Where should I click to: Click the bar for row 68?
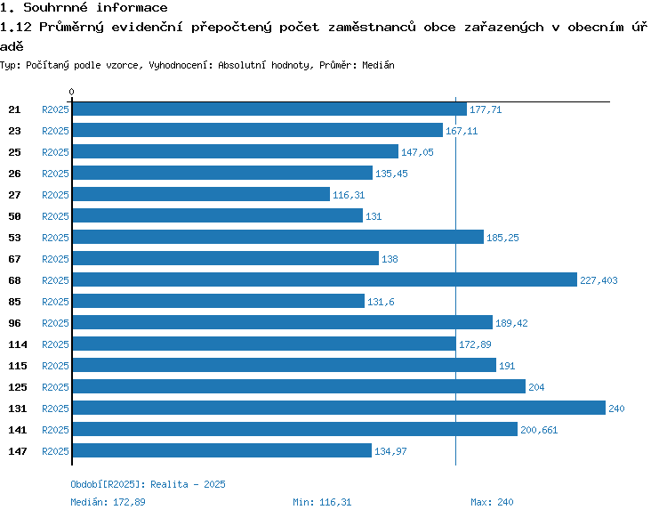[324, 279]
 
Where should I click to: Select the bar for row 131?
[338, 408]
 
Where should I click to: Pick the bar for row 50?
[217, 215]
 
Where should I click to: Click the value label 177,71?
[486, 109]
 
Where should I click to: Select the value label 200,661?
[540, 430]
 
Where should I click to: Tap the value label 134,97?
[391, 451]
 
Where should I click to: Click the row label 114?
[17, 344]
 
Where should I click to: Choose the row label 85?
[14, 302]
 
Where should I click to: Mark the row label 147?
[17, 451]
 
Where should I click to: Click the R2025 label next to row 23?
[55, 131]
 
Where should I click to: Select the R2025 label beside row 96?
[55, 323]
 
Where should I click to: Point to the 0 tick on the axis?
[71, 92]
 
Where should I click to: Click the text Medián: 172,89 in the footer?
[108, 502]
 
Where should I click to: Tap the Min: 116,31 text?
[322, 502]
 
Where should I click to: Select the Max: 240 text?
[492, 502]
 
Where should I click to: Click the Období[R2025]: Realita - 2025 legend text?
[148, 484]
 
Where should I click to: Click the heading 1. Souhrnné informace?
[84, 8]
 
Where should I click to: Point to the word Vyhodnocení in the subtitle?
[179, 66]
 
